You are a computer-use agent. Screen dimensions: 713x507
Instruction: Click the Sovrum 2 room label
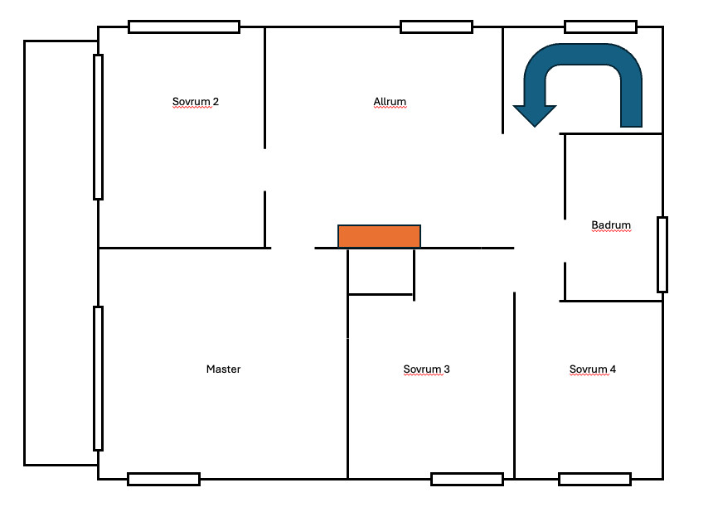196,101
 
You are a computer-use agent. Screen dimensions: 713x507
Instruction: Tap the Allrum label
390,101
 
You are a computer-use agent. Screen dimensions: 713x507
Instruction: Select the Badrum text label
611,225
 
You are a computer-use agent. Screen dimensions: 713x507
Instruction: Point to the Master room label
223,369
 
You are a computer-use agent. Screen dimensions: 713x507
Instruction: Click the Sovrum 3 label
426,369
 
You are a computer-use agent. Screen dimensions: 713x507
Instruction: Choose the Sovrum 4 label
593,369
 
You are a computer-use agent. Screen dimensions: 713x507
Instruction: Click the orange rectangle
379,236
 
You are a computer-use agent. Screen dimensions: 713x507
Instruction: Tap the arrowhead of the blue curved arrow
535,116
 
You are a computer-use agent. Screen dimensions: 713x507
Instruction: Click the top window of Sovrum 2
184,27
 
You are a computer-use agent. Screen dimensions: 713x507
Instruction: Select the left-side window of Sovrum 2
98,128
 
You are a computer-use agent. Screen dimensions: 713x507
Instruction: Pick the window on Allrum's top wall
437,27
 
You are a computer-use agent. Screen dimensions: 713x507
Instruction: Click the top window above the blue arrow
601,27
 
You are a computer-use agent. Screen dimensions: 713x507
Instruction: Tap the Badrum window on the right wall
662,254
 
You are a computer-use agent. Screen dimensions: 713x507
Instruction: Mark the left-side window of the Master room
98,379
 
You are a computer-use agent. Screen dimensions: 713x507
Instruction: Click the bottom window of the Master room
163,480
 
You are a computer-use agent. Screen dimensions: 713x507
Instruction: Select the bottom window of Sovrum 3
467,480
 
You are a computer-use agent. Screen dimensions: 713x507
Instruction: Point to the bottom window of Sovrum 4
594,480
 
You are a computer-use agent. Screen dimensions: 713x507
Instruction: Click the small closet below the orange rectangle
381,272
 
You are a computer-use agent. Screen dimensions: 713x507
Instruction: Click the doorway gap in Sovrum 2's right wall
265,170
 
